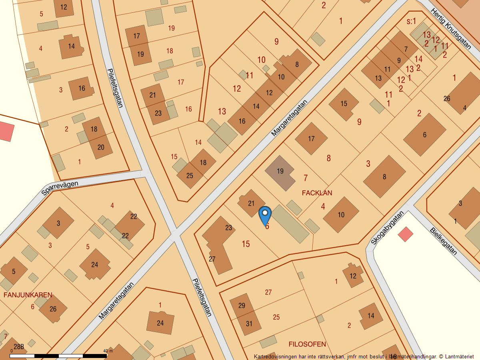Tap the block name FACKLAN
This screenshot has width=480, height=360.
[317, 193]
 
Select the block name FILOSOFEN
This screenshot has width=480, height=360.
[307, 344]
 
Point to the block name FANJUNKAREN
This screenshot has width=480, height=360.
[28, 295]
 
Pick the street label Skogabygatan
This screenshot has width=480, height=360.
[387, 228]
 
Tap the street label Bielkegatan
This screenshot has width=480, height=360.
[443, 241]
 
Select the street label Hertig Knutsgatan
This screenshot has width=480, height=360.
[451, 28]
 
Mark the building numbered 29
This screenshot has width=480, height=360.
[241, 306]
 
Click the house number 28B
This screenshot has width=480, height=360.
[19, 346]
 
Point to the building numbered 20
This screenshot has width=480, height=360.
[100, 147]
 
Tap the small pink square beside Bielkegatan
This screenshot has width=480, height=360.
[405, 234]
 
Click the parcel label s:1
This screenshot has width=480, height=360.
[411, 21]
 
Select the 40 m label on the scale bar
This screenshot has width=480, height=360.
[108, 351]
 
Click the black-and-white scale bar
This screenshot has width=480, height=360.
[58, 356]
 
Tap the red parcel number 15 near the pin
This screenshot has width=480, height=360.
[246, 244]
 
